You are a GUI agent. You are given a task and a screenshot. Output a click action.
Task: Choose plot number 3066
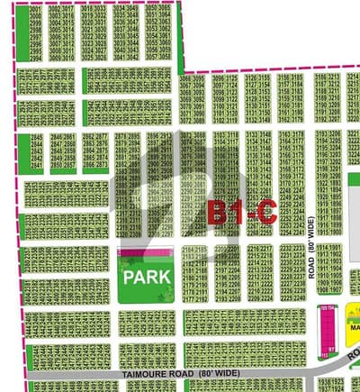tap(187, 78)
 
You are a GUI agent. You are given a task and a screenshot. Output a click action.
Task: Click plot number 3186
tap(321, 78)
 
